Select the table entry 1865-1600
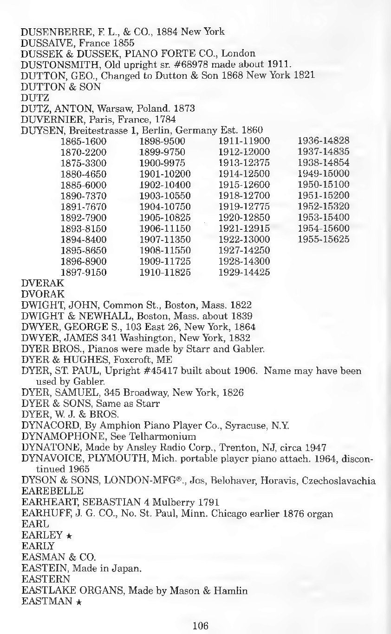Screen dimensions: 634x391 point(84,141)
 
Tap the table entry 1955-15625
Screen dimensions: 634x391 point(324,240)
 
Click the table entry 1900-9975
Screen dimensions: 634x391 point(163,163)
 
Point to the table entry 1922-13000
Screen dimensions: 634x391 point(244,240)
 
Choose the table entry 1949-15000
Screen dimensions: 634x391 point(324,174)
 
